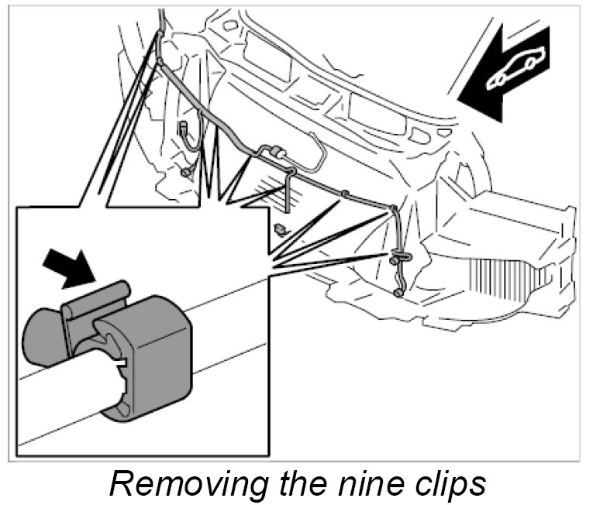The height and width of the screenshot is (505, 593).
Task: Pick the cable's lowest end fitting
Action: click(x=398, y=293)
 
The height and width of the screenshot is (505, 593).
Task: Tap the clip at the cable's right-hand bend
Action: click(x=394, y=208)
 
